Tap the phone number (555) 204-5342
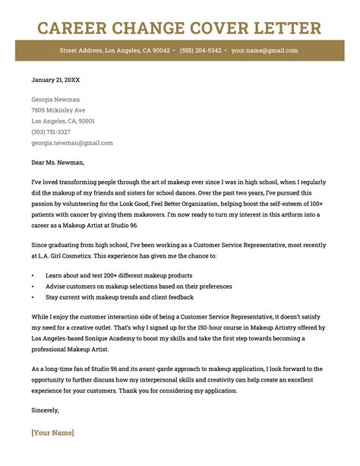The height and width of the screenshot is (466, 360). click(201, 51)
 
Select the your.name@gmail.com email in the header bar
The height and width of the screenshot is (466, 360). click(265, 51)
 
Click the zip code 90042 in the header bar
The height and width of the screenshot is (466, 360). click(161, 51)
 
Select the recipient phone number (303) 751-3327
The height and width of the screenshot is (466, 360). click(51, 132)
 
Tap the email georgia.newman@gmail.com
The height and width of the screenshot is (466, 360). click(72, 142)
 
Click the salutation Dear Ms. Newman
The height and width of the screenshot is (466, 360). click(58, 162)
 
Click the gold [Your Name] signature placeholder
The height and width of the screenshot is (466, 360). click(53, 433)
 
